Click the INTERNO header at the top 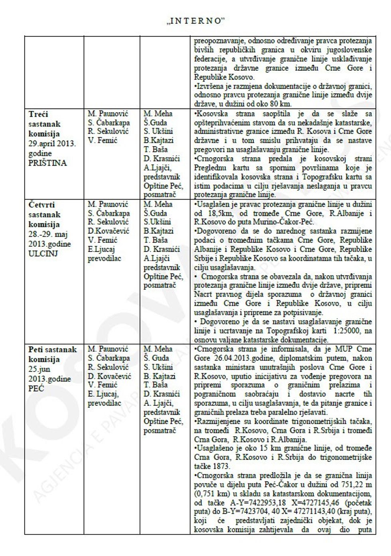coord(195,21)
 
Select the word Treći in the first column coord(38,114)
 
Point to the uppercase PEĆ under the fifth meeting coord(36,388)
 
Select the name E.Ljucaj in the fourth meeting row coord(101,249)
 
